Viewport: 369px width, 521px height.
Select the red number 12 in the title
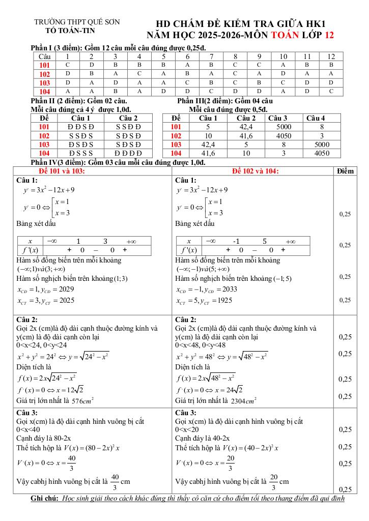329,35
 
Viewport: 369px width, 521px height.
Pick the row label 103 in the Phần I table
44,82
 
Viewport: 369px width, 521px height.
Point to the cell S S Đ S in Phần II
80,135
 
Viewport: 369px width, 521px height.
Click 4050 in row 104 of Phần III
322,153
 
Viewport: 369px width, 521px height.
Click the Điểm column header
345,171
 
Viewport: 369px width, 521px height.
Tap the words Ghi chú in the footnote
45,498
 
